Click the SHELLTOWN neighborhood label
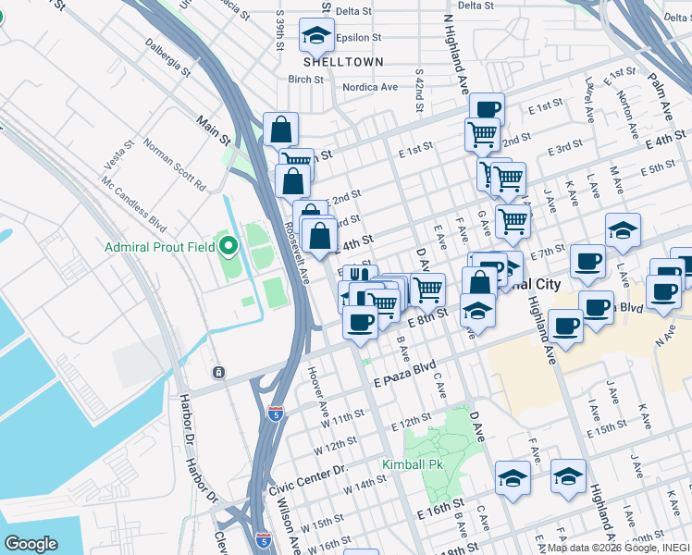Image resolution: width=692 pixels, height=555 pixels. [x=344, y=61]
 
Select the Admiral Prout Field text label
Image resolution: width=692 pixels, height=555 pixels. [x=159, y=247]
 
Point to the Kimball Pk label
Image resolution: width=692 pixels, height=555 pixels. [x=408, y=463]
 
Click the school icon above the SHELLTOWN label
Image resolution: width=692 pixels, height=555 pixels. [x=316, y=36]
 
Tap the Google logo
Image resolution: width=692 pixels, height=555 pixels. [x=31, y=544]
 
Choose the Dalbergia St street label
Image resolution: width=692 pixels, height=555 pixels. [x=167, y=55]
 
